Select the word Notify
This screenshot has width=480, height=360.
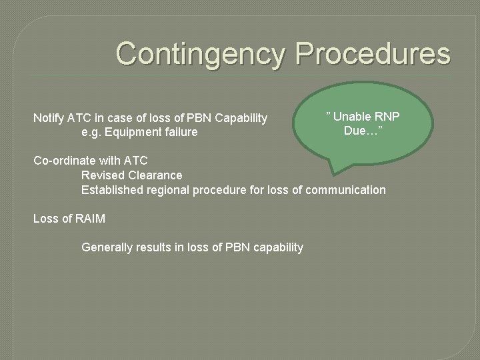point(49,119)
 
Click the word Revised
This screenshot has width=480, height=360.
point(101,175)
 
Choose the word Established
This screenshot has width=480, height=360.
point(110,190)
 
